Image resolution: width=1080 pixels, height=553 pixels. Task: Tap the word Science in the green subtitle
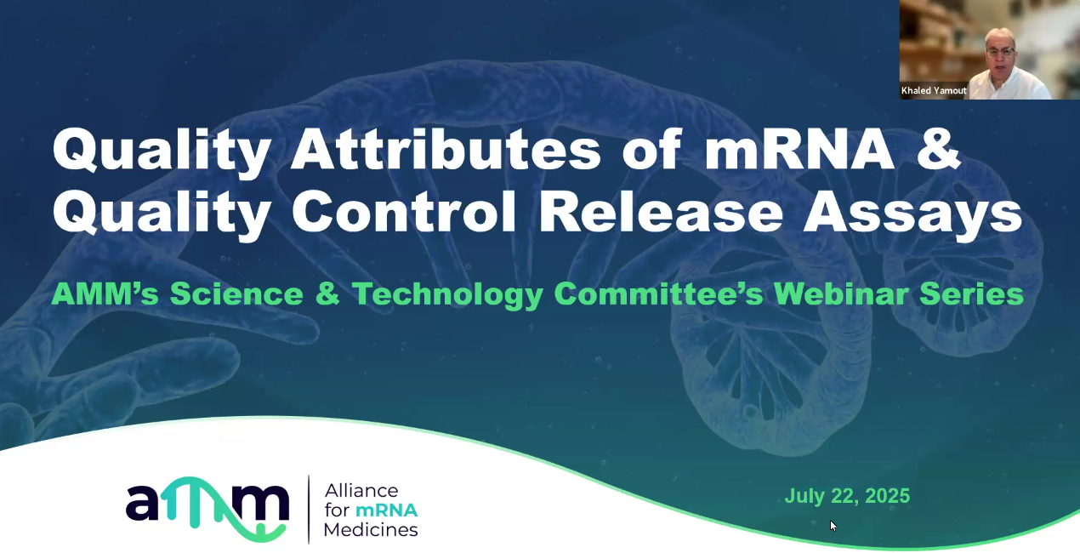[236, 294]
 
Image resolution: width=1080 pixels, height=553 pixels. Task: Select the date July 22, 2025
[847, 496]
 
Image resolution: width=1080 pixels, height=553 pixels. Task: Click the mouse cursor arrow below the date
[833, 526]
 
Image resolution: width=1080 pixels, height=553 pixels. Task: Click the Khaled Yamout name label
[934, 90]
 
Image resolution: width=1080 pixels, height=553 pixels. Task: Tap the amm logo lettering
[207, 508]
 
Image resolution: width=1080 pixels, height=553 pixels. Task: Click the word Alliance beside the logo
[361, 491]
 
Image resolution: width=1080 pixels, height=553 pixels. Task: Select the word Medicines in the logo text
[372, 529]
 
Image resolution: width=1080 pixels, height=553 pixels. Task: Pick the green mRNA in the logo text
[386, 510]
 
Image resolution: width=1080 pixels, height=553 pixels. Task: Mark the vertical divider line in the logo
[309, 509]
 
